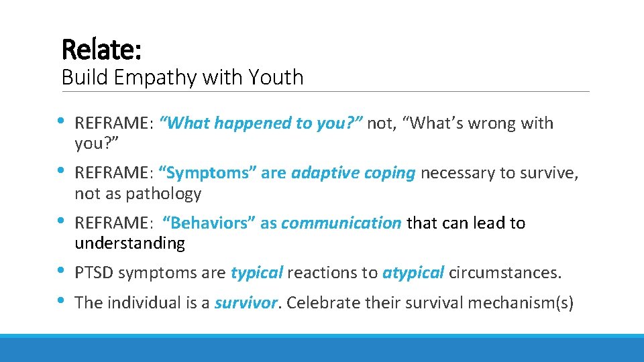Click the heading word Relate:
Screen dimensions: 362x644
tap(101, 49)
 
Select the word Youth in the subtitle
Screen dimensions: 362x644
tap(276, 77)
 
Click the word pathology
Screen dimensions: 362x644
tap(164, 194)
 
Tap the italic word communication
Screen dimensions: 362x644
tap(341, 223)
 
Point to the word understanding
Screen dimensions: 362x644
tap(129, 243)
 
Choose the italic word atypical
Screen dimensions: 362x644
tap(413, 273)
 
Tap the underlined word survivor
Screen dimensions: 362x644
tap(246, 302)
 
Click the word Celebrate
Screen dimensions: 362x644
tap(322, 302)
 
